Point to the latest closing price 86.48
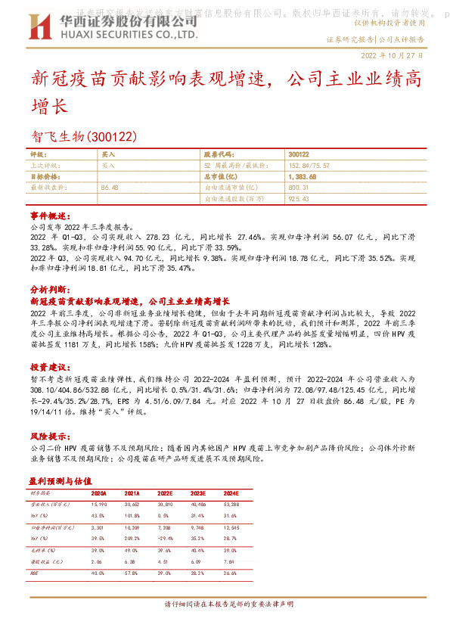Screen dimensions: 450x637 click(x=110, y=187)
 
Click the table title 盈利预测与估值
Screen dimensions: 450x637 click(x=60, y=480)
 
